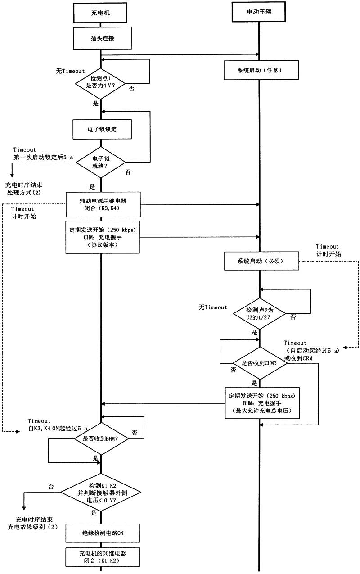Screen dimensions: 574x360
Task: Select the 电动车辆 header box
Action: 258,12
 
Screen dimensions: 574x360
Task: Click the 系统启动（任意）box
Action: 258,70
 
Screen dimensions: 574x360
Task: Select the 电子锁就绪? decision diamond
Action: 100,162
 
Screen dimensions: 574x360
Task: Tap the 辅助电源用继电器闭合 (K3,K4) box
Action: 103,205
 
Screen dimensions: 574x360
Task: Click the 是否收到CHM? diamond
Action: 259,363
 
